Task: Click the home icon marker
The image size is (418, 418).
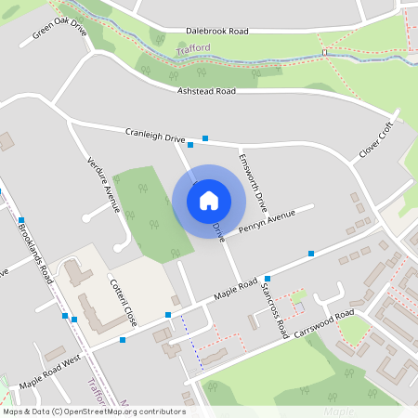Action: (x=209, y=200)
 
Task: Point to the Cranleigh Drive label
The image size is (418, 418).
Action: (x=155, y=136)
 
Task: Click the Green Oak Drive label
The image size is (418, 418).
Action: (x=59, y=33)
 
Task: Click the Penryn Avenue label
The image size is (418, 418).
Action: (x=267, y=221)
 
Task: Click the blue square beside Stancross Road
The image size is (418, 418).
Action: (x=268, y=279)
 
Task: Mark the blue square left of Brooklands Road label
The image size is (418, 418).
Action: (x=20, y=220)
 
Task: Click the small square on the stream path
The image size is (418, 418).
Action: (x=325, y=53)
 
